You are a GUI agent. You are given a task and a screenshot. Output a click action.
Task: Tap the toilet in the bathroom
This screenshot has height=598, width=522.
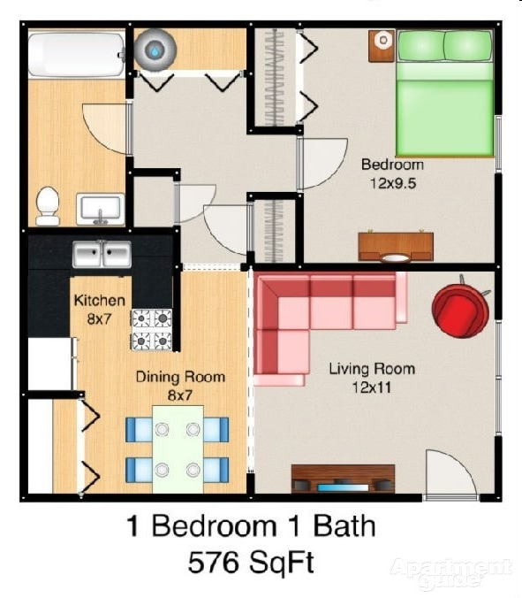pyautogui.click(x=47, y=205)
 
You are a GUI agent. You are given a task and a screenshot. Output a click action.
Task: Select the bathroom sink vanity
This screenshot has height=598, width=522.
pyautogui.click(x=100, y=210)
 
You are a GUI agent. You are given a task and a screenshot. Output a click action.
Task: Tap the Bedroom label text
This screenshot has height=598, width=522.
pyautogui.click(x=392, y=165)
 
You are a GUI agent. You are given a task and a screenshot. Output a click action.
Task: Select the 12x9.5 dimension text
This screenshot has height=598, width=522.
pyautogui.click(x=392, y=183)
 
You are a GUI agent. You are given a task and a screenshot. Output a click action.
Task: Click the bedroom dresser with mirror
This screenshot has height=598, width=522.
pyautogui.click(x=396, y=246)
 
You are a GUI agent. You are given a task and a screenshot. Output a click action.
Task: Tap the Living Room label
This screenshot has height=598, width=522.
pyautogui.click(x=371, y=368)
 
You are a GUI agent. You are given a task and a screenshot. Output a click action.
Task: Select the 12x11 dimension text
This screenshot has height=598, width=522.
pyautogui.click(x=371, y=387)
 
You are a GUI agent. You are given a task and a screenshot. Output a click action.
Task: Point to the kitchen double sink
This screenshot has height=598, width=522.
pyautogui.click(x=102, y=255)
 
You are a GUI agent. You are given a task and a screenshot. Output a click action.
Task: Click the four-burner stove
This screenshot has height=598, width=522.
pyautogui.click(x=152, y=328)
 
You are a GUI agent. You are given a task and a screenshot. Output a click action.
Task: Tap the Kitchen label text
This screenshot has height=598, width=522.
pyautogui.click(x=99, y=301)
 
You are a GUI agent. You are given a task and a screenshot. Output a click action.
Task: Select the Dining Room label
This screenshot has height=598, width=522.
pyautogui.click(x=179, y=377)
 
